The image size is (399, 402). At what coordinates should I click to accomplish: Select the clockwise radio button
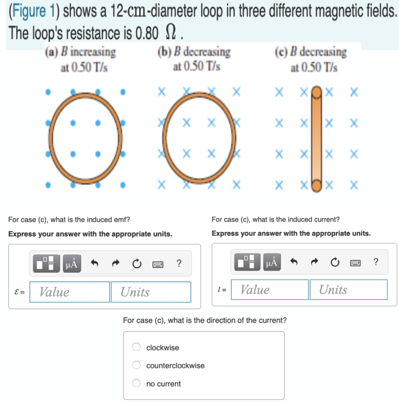click(x=136, y=347)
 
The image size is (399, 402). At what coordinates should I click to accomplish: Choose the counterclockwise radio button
click(x=136, y=365)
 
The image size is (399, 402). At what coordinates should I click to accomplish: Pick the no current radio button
click(x=136, y=384)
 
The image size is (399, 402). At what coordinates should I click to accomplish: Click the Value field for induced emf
click(x=70, y=292)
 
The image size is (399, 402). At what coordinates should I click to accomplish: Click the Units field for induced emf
click(x=151, y=292)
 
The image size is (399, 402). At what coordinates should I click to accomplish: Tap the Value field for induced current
click(x=270, y=290)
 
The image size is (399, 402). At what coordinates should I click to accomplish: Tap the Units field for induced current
click(x=348, y=290)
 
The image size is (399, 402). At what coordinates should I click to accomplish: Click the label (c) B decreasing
click(x=313, y=52)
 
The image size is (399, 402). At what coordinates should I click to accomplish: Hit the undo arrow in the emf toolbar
click(x=94, y=263)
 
